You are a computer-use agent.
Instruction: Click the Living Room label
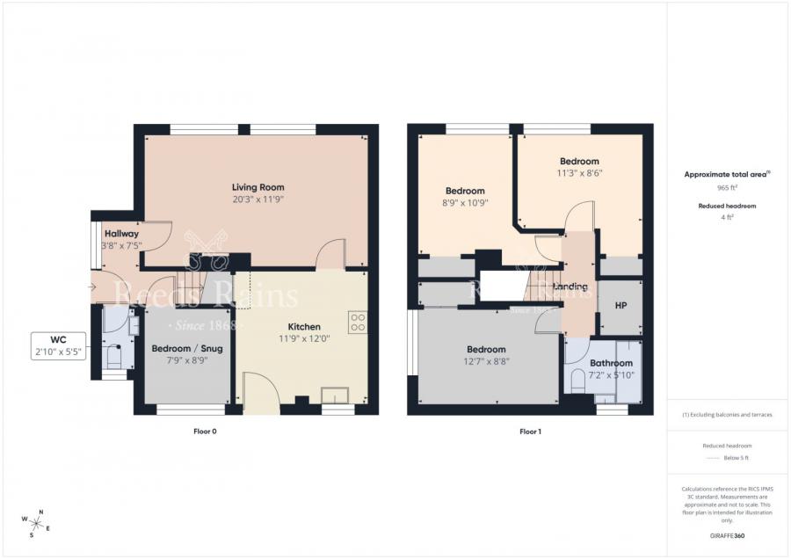click(258, 187)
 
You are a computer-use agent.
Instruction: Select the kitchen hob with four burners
click(358, 323)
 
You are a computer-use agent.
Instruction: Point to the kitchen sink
click(335, 394)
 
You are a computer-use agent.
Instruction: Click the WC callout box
click(59, 345)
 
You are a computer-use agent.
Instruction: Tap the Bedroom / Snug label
click(187, 348)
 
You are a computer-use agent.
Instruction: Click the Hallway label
click(120, 234)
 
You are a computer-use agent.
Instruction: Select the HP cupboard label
click(620, 306)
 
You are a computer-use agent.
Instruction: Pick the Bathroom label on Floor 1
click(611, 363)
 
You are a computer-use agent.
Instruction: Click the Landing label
click(570, 287)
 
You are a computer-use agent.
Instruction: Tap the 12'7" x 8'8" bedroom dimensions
click(486, 361)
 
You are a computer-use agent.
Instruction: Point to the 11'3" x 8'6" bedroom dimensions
click(579, 173)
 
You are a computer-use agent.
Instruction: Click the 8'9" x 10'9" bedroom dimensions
click(465, 203)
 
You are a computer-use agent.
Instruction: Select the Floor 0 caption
click(205, 432)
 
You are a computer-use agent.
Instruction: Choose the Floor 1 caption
click(530, 432)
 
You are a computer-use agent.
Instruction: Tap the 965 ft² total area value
click(727, 188)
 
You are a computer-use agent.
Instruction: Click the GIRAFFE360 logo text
click(727, 534)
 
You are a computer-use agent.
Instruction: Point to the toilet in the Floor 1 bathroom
click(578, 381)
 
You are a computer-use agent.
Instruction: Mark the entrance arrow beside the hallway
click(95, 287)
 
